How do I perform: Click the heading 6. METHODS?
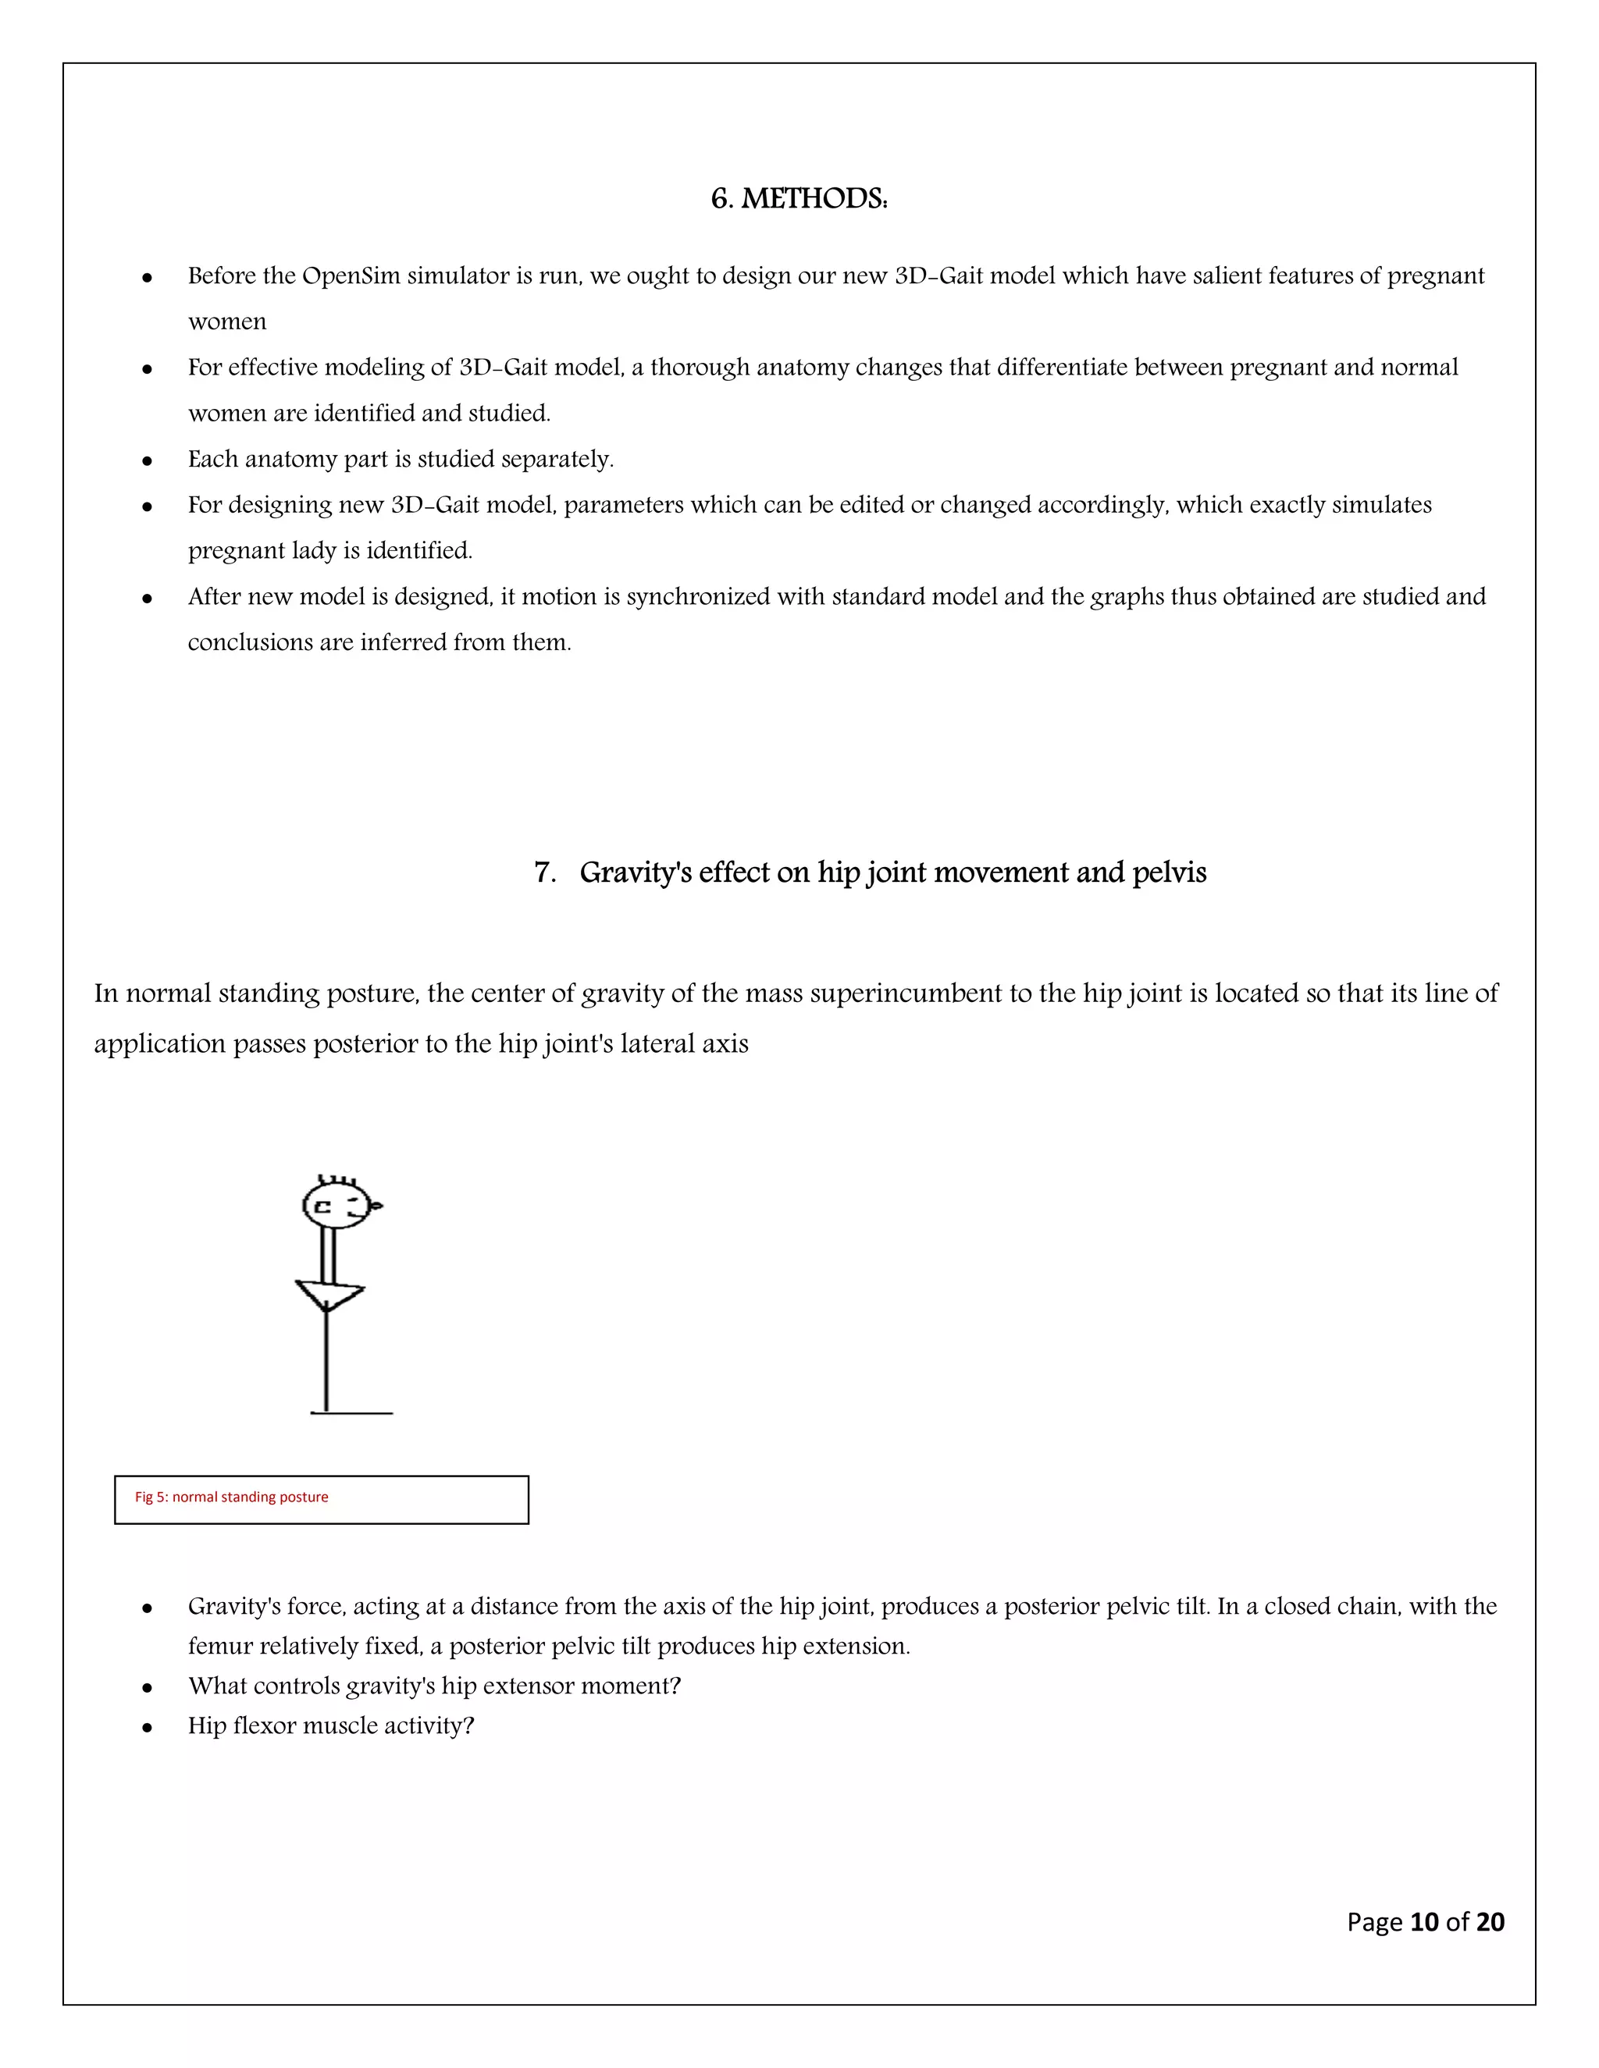(x=799, y=199)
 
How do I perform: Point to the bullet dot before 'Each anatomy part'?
(x=147, y=461)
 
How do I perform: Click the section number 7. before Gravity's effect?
(x=545, y=872)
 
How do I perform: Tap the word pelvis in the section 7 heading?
(x=1169, y=872)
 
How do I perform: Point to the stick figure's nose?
(x=376, y=1206)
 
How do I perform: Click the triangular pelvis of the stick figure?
(x=329, y=1292)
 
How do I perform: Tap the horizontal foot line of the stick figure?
(x=352, y=1414)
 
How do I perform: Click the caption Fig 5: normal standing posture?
(x=231, y=1497)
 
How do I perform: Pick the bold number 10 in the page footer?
(x=1424, y=1921)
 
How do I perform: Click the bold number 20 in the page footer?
(x=1490, y=1921)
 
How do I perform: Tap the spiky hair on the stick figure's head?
(x=337, y=1180)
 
